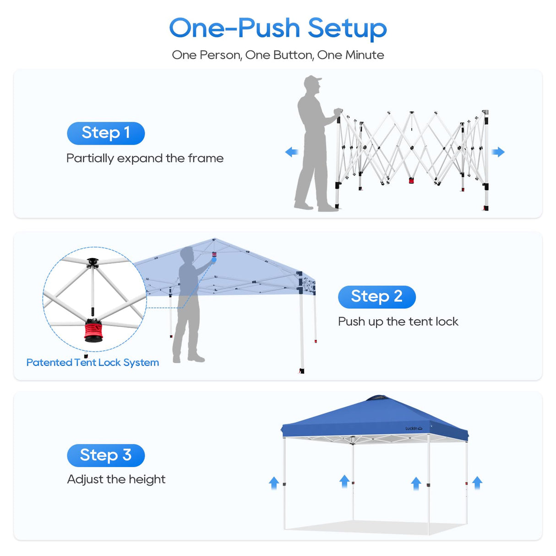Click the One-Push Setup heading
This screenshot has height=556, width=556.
click(x=278, y=28)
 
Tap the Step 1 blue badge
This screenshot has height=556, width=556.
click(x=106, y=133)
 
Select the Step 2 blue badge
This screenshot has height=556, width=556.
click(x=376, y=297)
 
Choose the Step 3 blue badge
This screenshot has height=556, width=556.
click(x=106, y=455)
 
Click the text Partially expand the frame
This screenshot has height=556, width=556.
click(x=145, y=158)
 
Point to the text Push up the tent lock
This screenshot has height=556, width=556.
click(x=398, y=322)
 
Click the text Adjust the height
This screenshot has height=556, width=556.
click(x=116, y=480)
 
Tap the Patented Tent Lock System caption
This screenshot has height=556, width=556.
click(x=93, y=362)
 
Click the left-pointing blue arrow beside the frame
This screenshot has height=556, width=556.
click(x=291, y=152)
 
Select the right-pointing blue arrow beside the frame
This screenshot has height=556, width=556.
click(x=498, y=152)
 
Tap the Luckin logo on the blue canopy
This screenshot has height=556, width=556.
click(x=414, y=429)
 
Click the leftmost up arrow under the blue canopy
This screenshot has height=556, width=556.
click(x=274, y=483)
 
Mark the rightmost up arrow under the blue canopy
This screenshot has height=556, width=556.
click(x=477, y=482)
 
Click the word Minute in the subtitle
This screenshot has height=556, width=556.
click(x=365, y=55)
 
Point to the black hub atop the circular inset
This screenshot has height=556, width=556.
click(x=93, y=263)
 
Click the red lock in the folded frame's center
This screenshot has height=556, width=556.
click(x=411, y=180)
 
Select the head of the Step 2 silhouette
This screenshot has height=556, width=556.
click(x=187, y=254)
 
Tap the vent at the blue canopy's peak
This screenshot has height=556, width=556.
click(x=376, y=398)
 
